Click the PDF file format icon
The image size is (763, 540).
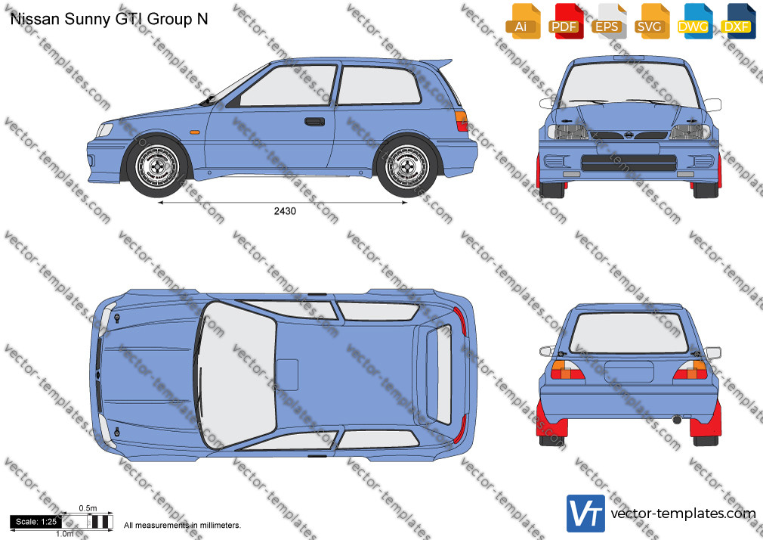(x=564, y=21)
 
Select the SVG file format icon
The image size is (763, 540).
(x=650, y=21)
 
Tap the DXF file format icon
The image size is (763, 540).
(x=737, y=21)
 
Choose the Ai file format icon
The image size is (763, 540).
(x=522, y=21)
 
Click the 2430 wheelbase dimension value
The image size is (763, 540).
(x=285, y=211)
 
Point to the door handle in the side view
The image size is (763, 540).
(x=314, y=121)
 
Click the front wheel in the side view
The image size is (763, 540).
(x=156, y=166)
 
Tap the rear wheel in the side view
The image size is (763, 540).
(x=407, y=166)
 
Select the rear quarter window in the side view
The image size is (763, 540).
(x=378, y=85)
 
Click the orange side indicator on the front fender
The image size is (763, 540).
(x=194, y=132)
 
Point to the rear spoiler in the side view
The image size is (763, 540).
(x=436, y=63)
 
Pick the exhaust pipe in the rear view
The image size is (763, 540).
(x=677, y=420)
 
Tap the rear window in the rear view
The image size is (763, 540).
(x=629, y=332)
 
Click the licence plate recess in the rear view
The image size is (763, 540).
(x=629, y=372)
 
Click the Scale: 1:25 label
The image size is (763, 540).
(x=36, y=522)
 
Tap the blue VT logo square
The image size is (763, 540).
(x=585, y=514)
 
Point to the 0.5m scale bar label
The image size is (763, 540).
(x=88, y=508)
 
